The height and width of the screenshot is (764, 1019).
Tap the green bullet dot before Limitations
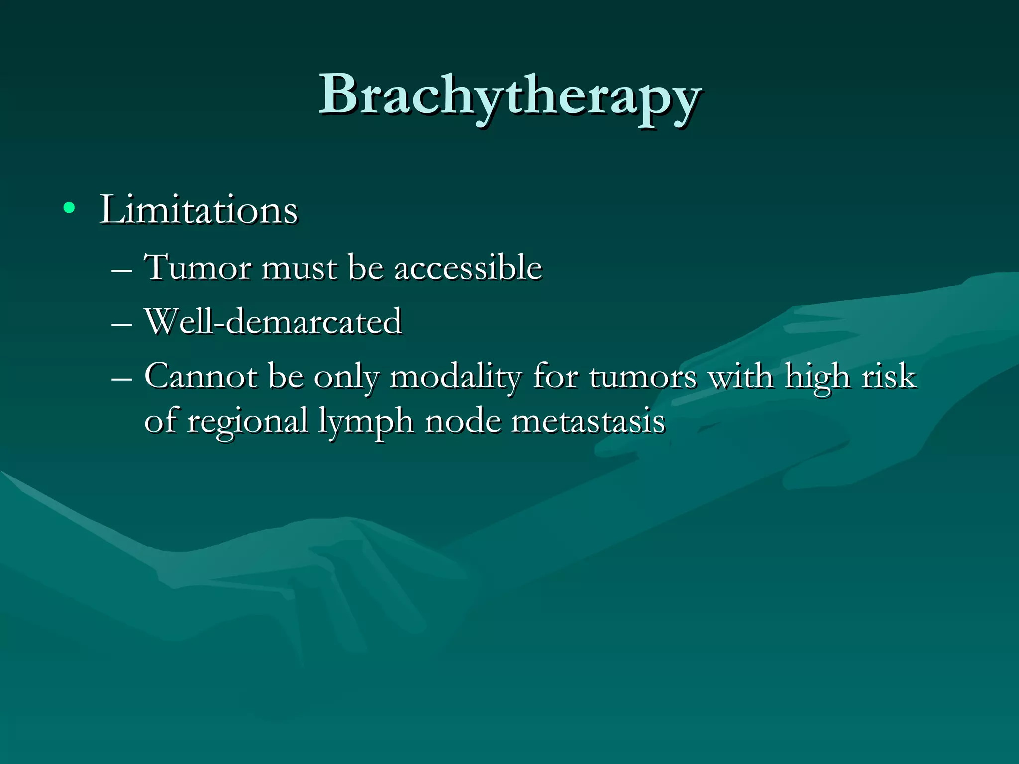point(69,208)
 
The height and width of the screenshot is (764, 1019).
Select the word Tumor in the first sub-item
point(198,267)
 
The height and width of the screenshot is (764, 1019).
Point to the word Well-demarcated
point(273,321)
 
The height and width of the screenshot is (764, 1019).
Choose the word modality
point(455,377)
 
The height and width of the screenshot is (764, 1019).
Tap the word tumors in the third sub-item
point(642,377)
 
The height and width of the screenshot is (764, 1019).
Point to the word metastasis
point(588,421)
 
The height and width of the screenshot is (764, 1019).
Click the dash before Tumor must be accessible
point(122,271)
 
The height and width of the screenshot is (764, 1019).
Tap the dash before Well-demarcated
point(122,325)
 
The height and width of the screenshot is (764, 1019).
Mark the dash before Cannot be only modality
point(122,379)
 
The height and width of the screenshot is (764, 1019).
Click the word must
point(299,268)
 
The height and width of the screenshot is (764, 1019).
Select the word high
point(816,377)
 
